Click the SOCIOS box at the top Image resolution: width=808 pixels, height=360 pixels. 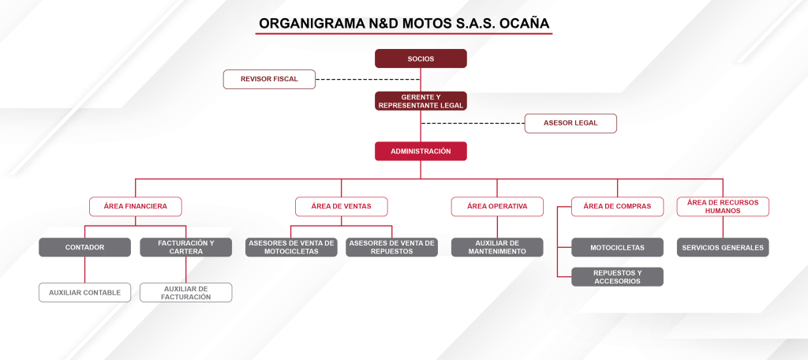pos(421,58)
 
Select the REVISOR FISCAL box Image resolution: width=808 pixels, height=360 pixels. pos(269,80)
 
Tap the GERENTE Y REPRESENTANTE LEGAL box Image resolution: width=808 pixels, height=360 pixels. pos(421,101)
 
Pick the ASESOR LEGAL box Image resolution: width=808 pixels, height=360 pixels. pos(570,123)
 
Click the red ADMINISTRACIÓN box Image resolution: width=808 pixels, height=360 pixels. pos(421,151)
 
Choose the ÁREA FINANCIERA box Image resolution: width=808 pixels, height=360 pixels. pos(136,206)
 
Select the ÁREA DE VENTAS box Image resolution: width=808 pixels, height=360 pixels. pos(341,206)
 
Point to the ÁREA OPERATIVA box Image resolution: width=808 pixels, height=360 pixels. pos(497,206)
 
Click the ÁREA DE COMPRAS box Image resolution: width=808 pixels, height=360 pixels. pos(617,206)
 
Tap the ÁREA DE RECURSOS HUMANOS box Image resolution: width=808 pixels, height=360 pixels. pos(723,206)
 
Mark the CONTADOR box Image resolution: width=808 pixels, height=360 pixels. pos(84,247)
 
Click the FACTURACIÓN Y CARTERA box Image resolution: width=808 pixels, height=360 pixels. pos(186,247)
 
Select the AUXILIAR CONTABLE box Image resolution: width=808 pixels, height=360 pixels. pos(84,292)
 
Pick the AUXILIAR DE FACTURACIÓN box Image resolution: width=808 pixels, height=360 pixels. pos(186,292)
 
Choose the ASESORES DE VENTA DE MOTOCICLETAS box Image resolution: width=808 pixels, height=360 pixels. pos(291,247)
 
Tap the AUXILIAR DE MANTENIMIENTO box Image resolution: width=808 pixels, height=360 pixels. pos(497,247)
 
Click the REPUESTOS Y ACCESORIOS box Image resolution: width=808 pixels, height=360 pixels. pos(617,277)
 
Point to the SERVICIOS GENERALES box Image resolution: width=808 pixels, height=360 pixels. pos(723,247)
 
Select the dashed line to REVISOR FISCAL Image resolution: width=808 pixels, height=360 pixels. pos(368,80)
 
